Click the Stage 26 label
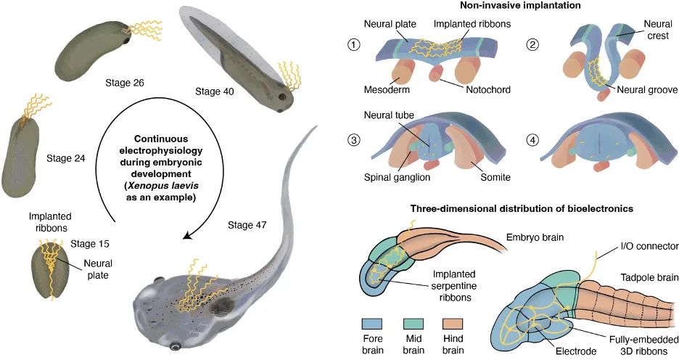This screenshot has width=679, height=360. click(x=124, y=83)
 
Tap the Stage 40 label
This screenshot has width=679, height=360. click(x=214, y=91)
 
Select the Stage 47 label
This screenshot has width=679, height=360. click(x=247, y=225)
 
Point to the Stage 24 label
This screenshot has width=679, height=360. click(x=66, y=158)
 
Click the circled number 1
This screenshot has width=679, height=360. click(x=354, y=44)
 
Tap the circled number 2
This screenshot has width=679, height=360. click(x=532, y=44)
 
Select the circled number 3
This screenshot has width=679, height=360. click(x=354, y=140)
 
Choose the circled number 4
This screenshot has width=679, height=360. click(x=532, y=140)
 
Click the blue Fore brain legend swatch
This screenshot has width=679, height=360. click(x=372, y=324)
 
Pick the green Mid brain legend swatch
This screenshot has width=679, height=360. click(x=413, y=324)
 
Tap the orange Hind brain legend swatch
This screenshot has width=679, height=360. click(x=453, y=324)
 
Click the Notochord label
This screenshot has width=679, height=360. click(x=488, y=90)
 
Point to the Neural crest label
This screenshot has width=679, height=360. click(x=658, y=30)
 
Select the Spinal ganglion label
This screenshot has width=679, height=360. click(x=397, y=177)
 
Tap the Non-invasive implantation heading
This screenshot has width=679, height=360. click(x=520, y=6)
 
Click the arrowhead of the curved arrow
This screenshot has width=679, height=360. click(x=187, y=234)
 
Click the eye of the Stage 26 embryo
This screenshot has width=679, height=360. click(x=126, y=41)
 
